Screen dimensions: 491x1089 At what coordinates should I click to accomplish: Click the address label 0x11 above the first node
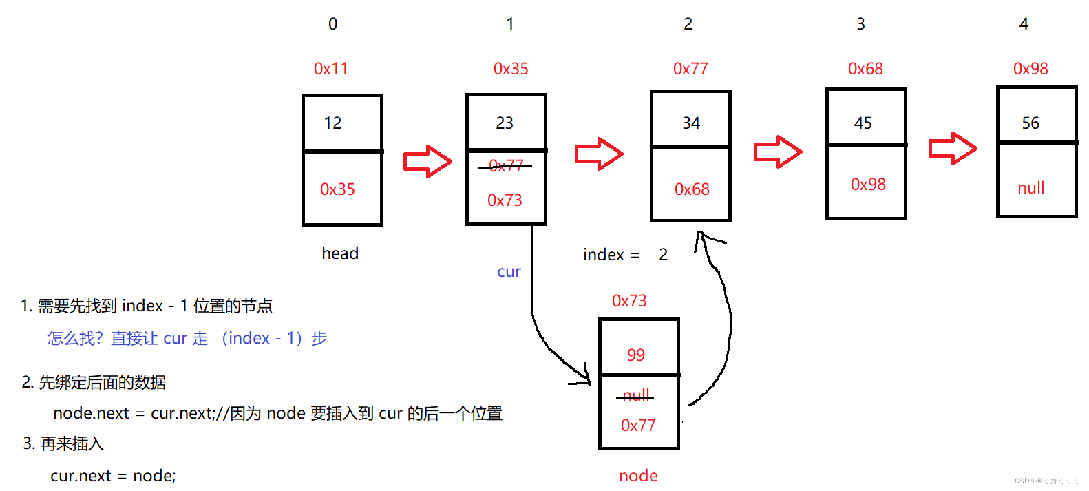331,69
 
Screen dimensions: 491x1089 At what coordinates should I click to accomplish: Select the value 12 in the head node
333,123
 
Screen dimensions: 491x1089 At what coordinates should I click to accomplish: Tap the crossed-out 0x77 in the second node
506,166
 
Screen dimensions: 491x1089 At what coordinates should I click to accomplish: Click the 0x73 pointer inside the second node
505,200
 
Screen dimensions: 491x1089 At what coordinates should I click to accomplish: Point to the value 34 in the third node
691,123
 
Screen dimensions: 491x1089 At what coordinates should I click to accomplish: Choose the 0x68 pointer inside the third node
692,189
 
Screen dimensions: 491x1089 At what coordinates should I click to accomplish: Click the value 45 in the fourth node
863,123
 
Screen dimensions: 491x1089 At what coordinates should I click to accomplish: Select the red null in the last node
1031,188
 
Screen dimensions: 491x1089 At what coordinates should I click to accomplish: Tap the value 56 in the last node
1030,123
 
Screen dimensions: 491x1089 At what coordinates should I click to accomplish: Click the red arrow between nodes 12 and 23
427,161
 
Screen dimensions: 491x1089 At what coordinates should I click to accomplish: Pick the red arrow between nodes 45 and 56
953,148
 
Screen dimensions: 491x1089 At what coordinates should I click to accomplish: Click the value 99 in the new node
636,355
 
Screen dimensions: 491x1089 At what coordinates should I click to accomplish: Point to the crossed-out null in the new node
636,395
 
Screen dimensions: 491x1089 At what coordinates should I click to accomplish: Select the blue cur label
509,272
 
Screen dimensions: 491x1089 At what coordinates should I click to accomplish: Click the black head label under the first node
340,253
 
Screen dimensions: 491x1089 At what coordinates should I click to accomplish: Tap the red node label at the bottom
638,476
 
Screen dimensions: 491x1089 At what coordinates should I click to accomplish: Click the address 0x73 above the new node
629,301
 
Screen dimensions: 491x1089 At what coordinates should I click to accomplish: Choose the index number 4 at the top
1024,24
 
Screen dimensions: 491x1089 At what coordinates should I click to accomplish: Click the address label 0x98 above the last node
1030,69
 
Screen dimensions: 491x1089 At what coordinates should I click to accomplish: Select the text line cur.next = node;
113,476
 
